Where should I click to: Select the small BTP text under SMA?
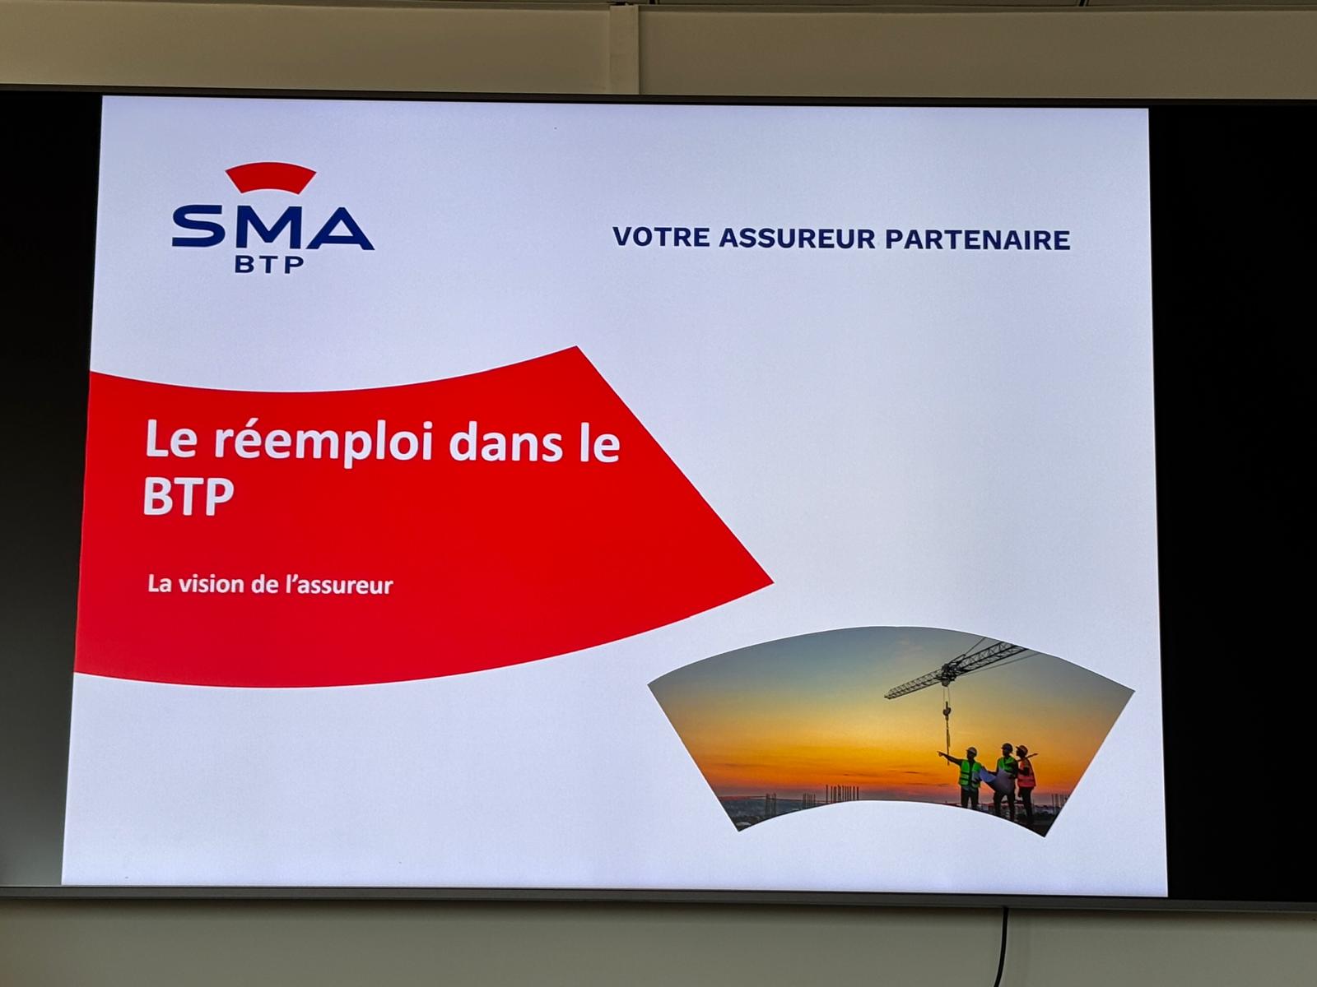point(269,264)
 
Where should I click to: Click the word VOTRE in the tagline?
point(661,238)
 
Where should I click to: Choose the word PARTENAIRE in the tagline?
point(977,239)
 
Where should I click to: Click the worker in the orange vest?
point(1025,780)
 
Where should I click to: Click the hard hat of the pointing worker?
point(970,751)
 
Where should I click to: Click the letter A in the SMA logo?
point(340,229)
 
